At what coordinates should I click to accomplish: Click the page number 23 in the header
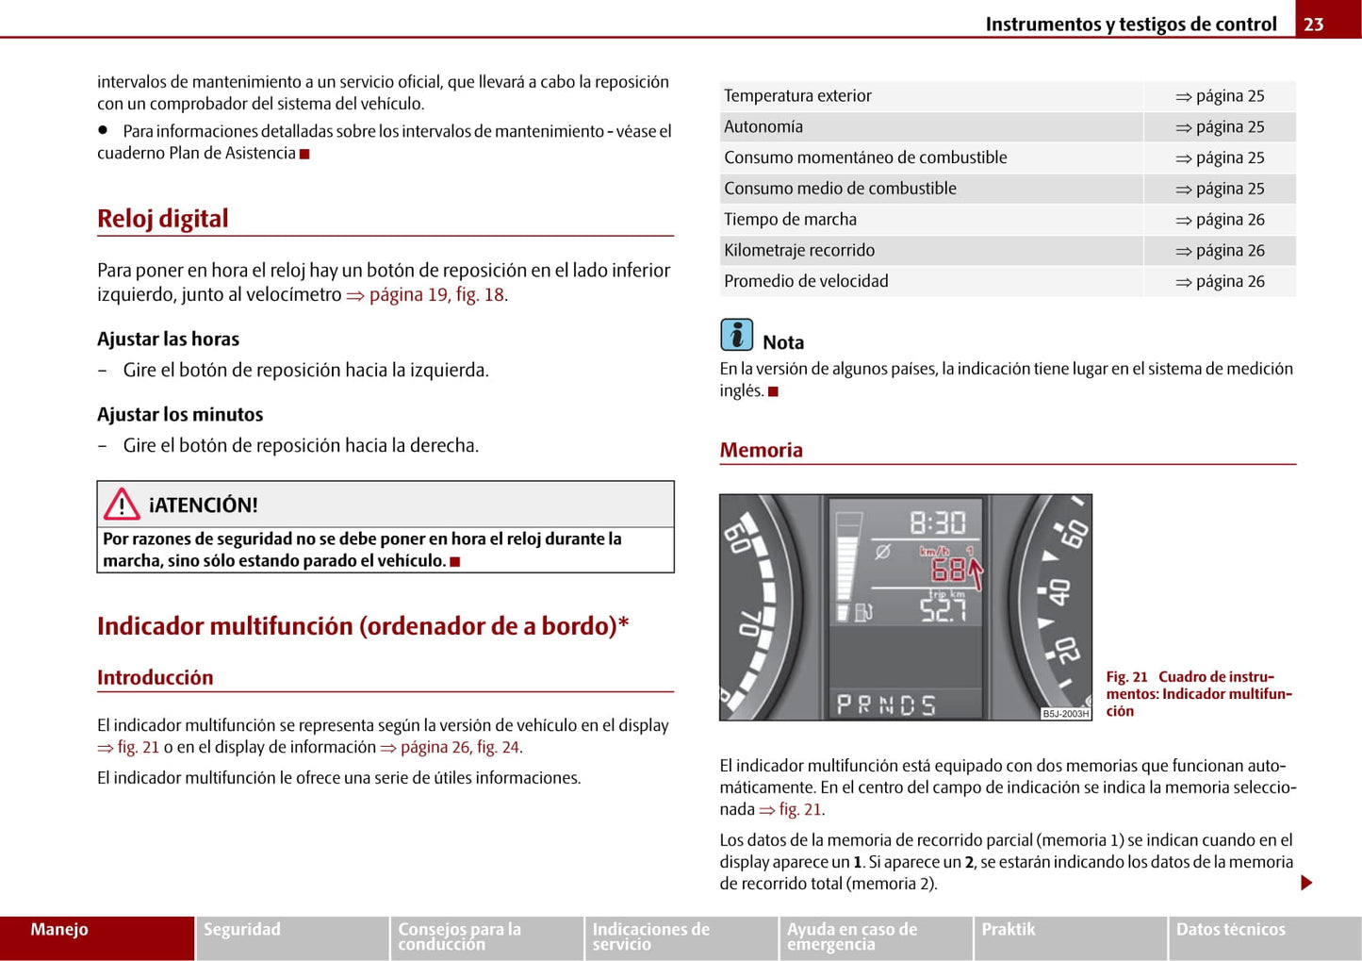tap(1314, 25)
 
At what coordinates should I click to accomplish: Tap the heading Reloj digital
tap(163, 219)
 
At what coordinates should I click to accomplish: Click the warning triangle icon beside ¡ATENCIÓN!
tap(122, 505)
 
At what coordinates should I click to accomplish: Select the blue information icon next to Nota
tap(736, 335)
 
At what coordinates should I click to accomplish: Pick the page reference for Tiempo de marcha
tap(1221, 220)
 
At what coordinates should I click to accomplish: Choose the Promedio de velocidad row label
tap(806, 281)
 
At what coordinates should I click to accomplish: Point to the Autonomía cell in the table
tap(763, 126)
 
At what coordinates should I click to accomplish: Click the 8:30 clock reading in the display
tap(937, 523)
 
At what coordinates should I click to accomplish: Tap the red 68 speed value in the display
tap(947, 570)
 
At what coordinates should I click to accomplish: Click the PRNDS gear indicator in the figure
tap(886, 704)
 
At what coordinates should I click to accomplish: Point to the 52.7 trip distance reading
tap(943, 611)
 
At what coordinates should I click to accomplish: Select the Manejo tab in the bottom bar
tap(59, 930)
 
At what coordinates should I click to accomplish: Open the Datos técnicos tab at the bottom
tap(1230, 930)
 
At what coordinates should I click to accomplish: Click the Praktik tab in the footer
tap(1008, 930)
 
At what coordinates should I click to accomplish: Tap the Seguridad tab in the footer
tap(242, 930)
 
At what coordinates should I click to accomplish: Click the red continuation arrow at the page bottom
tap(1306, 883)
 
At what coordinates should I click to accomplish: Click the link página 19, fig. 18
tap(436, 295)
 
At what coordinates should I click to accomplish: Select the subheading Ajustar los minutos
tap(180, 415)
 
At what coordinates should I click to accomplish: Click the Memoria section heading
tap(762, 451)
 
